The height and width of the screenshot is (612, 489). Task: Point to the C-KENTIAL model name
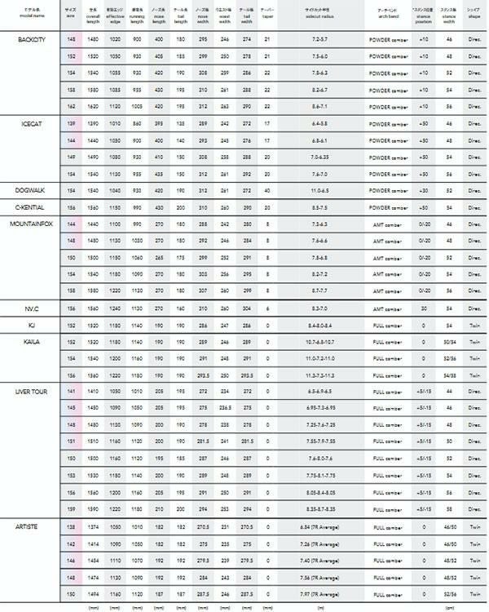(33, 207)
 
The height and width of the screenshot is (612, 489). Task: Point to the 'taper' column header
(267, 13)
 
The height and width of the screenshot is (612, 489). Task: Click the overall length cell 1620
(93, 106)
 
